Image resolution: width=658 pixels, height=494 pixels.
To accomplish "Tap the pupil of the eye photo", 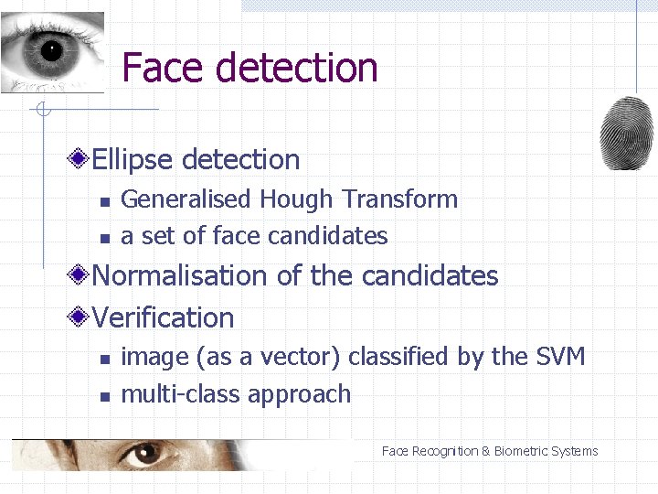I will pos(51,49).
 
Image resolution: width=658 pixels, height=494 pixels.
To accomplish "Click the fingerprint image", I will pos(626,133).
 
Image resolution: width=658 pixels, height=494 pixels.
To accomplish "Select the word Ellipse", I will pos(133,160).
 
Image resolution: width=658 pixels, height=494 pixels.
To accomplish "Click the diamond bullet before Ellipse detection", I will pos(80,160).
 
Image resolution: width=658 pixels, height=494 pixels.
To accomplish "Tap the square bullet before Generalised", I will pos(105,201).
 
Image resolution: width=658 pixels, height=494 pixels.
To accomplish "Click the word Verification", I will pos(164,318).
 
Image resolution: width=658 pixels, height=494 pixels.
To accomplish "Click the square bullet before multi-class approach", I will pos(105,397).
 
